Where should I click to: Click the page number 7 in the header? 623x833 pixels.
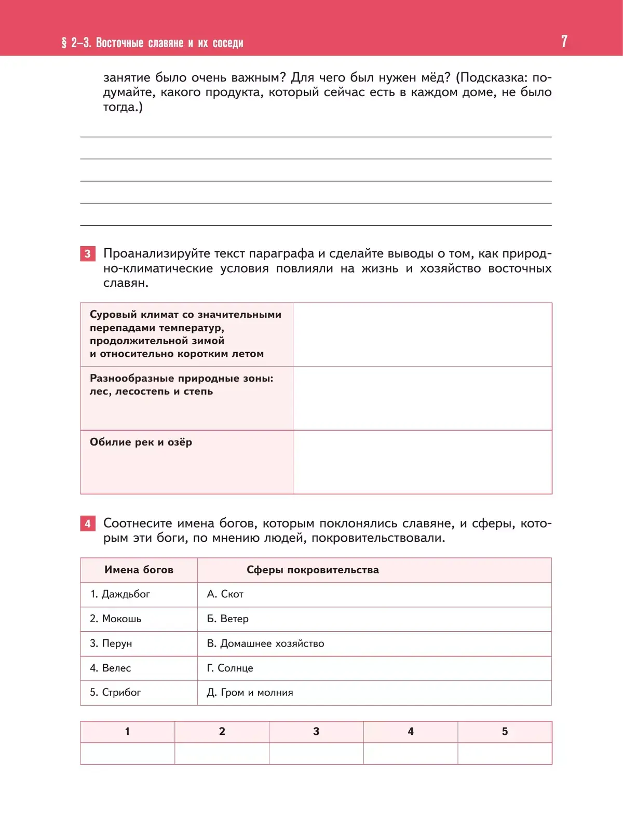(564, 41)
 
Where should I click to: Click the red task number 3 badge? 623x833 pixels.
(88, 253)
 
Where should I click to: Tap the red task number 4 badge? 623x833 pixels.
(88, 523)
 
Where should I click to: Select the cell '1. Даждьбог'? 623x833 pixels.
(120, 594)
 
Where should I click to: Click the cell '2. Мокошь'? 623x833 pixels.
(115, 619)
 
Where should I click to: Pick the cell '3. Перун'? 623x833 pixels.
(111, 643)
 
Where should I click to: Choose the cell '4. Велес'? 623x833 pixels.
(111, 668)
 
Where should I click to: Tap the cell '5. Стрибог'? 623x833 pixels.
(115, 692)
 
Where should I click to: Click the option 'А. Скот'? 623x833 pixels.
(225, 594)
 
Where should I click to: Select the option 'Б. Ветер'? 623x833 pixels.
(227, 619)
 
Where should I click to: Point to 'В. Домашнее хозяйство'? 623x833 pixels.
(265, 643)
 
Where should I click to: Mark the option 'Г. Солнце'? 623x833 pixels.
(230, 668)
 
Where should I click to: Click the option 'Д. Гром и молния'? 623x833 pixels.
(250, 692)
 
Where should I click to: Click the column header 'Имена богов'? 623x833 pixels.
(139, 570)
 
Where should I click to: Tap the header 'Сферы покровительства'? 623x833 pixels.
(313, 570)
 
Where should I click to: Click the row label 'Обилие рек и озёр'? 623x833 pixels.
(141, 442)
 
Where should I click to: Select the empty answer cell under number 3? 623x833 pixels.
(316, 754)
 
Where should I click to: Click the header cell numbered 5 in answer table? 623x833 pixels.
(505, 731)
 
